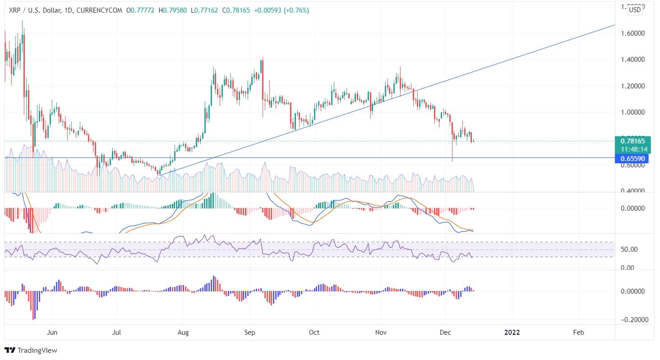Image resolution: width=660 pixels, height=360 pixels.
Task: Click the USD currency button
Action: (x=635, y=10)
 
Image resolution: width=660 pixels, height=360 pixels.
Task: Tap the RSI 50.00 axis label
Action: (x=629, y=249)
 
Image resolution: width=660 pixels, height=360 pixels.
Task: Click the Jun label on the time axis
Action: (x=52, y=332)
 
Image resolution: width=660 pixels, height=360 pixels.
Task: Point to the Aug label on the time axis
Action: (x=183, y=332)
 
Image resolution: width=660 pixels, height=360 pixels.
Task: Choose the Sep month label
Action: (x=249, y=332)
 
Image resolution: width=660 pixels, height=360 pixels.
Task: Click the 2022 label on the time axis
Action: (x=512, y=332)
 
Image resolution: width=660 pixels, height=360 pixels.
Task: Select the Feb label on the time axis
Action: (x=578, y=332)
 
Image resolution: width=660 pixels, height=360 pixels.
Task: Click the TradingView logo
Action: (x=31, y=350)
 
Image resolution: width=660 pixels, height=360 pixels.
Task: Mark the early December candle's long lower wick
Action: (x=452, y=151)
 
